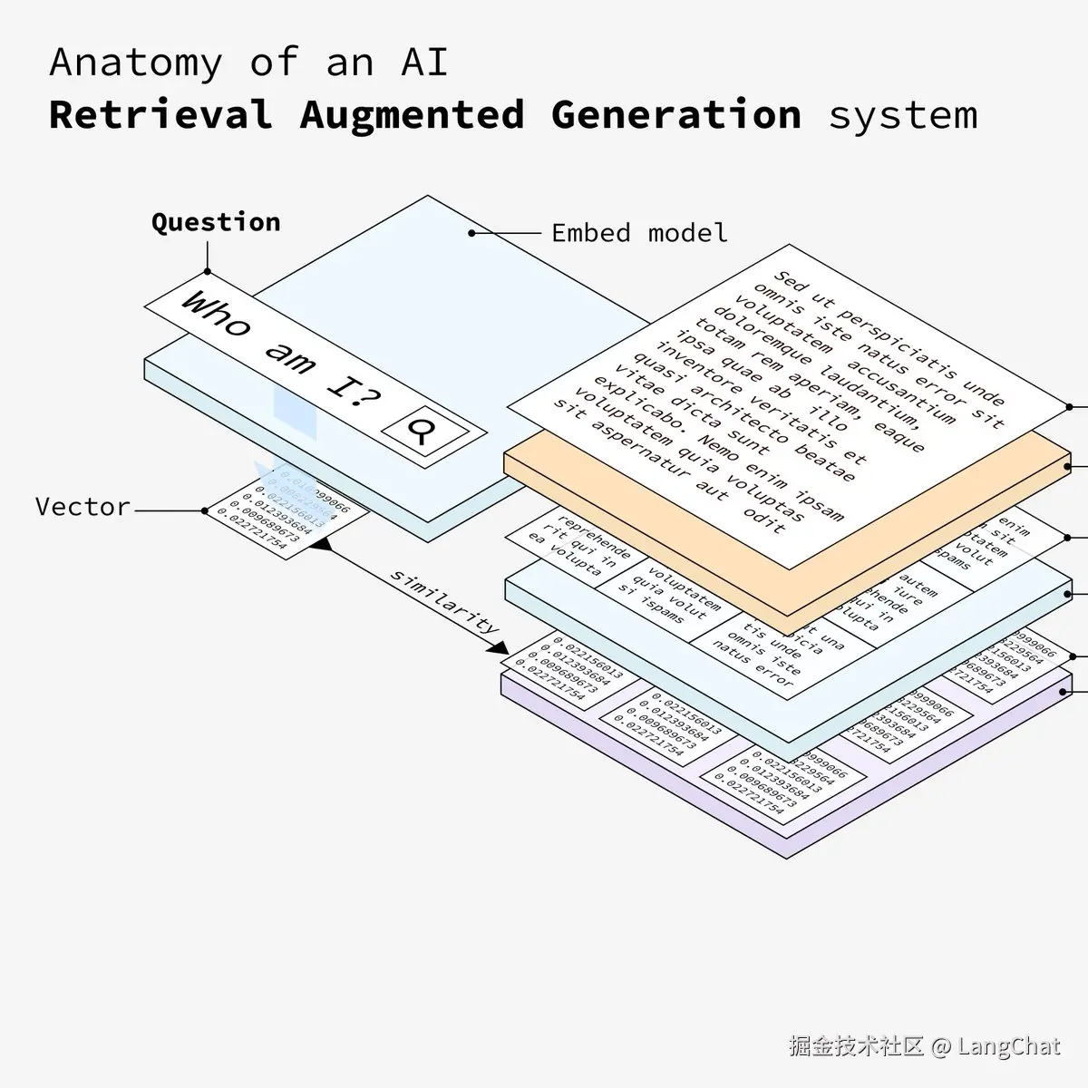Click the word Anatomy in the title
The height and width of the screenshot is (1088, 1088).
coord(135,63)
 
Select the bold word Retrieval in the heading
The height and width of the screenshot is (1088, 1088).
coord(160,116)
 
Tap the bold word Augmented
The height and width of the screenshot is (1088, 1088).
coord(412,116)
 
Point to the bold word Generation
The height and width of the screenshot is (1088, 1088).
coord(675,116)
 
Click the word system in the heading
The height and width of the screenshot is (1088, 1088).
coord(903,116)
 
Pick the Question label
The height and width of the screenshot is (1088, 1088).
coord(216,222)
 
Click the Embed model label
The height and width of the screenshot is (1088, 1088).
coord(639,233)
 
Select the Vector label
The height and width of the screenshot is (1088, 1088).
coord(83,506)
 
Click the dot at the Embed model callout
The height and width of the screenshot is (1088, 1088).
coord(471,233)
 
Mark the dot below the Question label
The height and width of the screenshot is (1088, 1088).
coord(208,271)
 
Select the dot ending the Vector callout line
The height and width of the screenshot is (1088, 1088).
coord(206,510)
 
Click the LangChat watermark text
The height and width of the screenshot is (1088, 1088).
coord(1008,1046)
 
